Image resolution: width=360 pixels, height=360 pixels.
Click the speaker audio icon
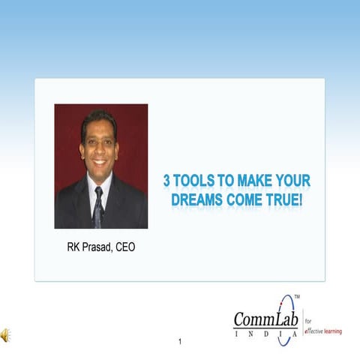pyautogui.click(x=6, y=334)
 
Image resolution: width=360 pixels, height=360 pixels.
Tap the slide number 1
pyautogui.click(x=180, y=342)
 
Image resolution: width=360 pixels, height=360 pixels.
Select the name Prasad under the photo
pyautogui.click(x=93, y=246)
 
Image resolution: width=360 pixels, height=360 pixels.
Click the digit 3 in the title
pyautogui.click(x=169, y=181)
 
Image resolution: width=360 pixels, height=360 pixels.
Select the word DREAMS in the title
pyautogui.click(x=197, y=200)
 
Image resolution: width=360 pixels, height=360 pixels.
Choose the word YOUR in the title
pyautogui.click(x=294, y=181)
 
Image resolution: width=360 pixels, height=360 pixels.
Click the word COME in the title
pyautogui.click(x=244, y=200)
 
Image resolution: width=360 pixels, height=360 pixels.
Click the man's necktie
pyautogui.click(x=98, y=208)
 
